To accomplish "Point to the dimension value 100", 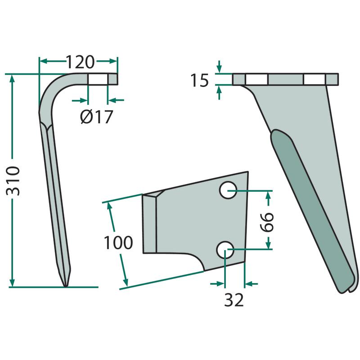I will [x=118, y=243].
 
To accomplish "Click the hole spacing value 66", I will [x=268, y=220].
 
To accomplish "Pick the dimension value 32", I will [x=234, y=300].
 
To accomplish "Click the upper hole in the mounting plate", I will [x=228, y=191].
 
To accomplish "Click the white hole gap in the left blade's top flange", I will [x=98, y=79].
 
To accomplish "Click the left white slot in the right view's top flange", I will [x=257, y=79].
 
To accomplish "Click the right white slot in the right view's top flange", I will [x=314, y=79].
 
